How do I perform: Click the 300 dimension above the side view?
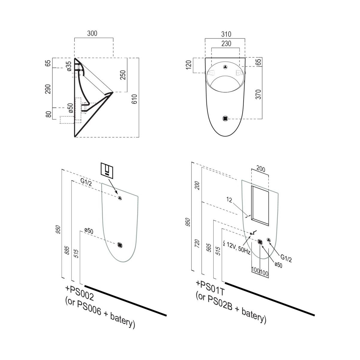click(92, 33)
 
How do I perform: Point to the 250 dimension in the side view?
click(123, 75)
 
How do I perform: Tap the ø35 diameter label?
click(69, 66)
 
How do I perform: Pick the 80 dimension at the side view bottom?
click(48, 114)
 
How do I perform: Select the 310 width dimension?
click(226, 34)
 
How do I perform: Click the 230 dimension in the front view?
click(226, 43)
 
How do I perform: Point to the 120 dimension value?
click(188, 65)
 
